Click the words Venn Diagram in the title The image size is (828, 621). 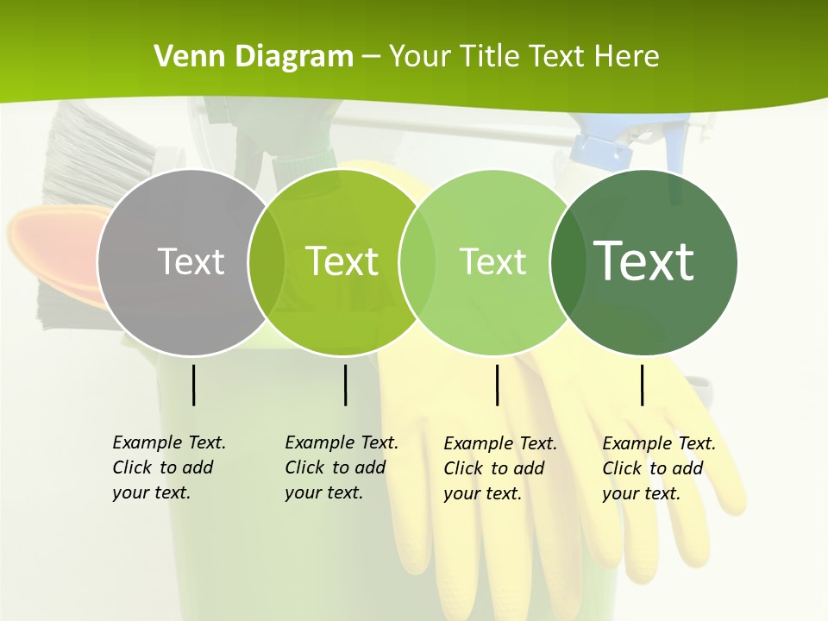coord(254,57)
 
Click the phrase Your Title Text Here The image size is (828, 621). coord(524,57)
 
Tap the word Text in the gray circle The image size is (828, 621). coord(191,261)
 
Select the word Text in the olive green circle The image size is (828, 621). coord(342,261)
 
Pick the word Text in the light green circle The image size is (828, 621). coord(492,261)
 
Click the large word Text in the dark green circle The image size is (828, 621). coord(644,261)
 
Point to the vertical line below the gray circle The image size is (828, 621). coord(193,385)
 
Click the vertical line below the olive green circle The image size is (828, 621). coord(345,385)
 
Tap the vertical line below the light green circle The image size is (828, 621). coord(497,385)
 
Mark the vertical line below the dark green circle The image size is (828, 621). coord(643,385)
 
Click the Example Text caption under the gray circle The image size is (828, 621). coord(168,467)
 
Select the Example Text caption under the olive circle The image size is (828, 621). coord(341,467)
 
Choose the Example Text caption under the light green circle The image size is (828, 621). coord(499,468)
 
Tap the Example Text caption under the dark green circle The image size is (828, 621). coord(658,468)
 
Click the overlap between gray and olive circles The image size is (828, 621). coord(267,262)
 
